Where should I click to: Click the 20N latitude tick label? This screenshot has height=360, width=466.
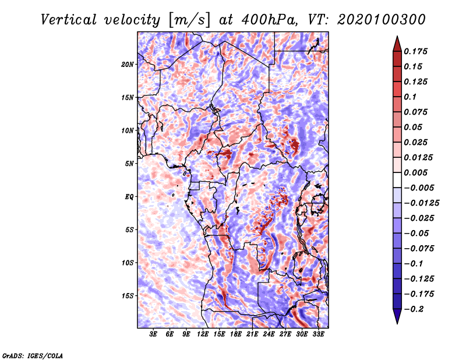127,65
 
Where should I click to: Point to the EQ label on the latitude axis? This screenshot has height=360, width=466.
129,197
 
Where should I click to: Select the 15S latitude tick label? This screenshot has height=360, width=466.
127,296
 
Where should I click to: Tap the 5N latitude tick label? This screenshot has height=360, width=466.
129,164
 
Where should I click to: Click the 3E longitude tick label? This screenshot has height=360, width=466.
153,334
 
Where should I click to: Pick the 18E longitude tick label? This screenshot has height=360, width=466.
236,334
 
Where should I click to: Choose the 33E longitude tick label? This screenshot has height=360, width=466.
318,334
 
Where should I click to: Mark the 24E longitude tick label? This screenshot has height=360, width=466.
269,334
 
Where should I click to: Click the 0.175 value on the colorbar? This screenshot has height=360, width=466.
415,51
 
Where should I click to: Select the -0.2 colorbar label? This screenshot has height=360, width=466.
414,309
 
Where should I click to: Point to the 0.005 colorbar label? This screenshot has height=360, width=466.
415,172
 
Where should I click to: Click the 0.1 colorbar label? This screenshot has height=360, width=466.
410,97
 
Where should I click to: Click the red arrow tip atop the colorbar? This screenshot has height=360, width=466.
397,36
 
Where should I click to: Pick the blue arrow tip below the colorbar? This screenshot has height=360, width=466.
397,323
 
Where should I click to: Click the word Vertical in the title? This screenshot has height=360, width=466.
69,20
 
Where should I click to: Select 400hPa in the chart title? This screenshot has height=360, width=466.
269,20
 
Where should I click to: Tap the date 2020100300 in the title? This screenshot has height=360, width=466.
382,20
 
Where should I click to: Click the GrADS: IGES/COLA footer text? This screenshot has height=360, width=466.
33,355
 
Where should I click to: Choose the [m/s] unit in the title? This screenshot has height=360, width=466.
189,20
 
